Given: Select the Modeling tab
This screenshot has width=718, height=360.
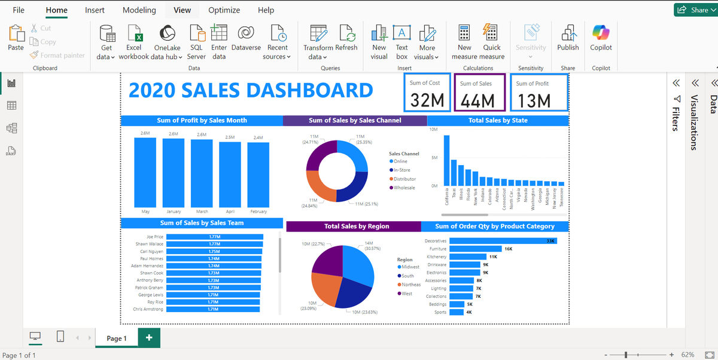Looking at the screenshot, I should point(139,10).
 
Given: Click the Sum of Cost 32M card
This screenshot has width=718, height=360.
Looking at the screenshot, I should point(427,93).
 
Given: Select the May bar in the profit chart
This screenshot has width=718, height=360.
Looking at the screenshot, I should point(145,172).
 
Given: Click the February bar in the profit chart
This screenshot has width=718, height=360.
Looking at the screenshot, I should point(258,175).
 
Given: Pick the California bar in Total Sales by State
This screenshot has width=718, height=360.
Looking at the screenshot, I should point(446,161).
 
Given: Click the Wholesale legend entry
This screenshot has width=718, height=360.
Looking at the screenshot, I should point(404,188).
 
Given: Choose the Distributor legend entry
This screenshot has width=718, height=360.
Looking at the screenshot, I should point(404,179).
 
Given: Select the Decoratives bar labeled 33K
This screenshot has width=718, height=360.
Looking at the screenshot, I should point(503,241).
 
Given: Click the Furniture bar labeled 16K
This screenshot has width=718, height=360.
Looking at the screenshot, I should point(476,249).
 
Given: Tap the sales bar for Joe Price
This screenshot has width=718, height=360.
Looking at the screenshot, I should point(215,237).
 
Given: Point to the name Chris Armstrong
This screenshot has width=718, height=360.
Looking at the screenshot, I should point(148,309).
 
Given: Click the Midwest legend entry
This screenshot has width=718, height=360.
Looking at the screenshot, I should point(410,267).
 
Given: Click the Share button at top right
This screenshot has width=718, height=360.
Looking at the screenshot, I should point(694,10).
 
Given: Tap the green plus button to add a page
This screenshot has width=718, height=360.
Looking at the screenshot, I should point(149,338).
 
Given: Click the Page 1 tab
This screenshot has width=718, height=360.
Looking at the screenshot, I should point(117,338).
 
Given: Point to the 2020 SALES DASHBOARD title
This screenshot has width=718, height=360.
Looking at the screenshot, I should point(251,90).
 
